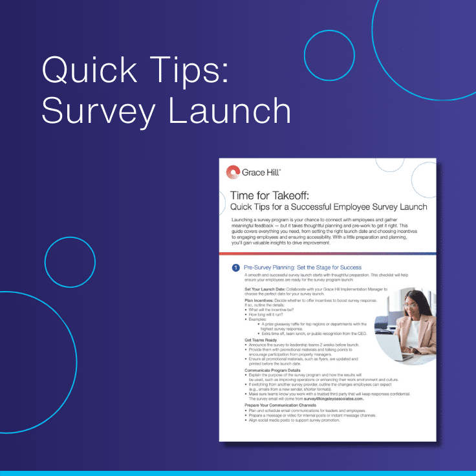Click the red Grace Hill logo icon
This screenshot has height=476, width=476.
click(233, 172)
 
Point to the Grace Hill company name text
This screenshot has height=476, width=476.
click(261, 173)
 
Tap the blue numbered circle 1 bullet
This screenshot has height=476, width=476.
click(236, 267)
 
